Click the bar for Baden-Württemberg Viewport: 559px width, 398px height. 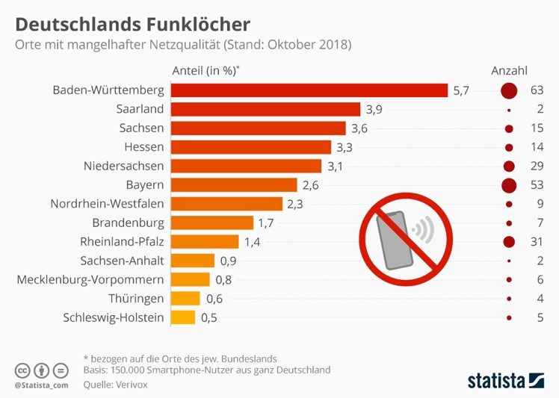click(x=309, y=90)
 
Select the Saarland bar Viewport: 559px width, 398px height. click(x=265, y=109)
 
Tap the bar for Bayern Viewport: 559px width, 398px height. click(x=234, y=184)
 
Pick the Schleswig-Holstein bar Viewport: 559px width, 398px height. click(x=183, y=317)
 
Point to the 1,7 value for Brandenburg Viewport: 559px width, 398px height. click(x=266, y=223)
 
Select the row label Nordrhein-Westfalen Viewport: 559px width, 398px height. click(x=107, y=203)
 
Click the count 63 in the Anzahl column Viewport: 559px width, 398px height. click(x=535, y=90)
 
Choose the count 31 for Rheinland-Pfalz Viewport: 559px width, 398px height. click(x=535, y=241)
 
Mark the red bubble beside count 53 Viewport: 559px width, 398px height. click(x=510, y=184)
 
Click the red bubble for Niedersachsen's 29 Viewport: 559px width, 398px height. click(x=510, y=166)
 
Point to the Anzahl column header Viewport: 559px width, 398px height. click(x=510, y=71)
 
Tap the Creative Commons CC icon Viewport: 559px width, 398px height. click(x=23, y=370)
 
